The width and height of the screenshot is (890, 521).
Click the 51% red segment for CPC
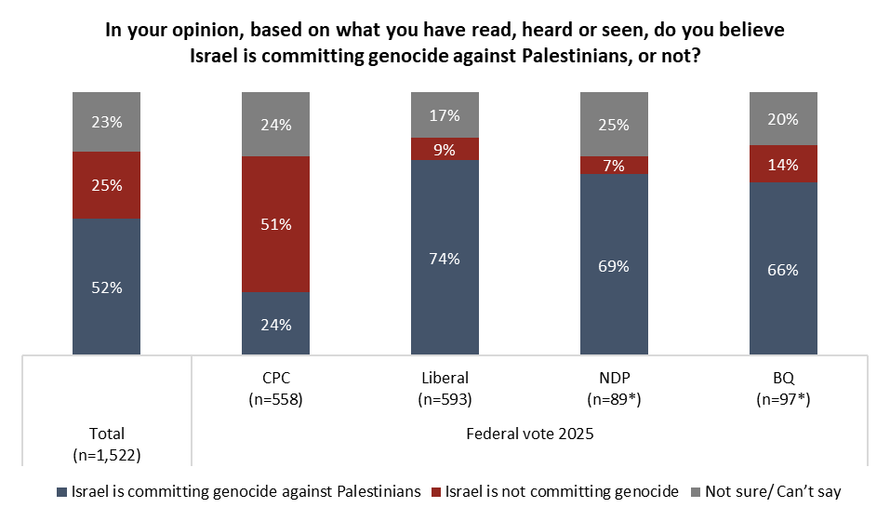[275, 224]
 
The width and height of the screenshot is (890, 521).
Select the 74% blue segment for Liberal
[445, 258]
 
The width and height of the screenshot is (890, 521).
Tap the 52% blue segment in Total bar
[106, 287]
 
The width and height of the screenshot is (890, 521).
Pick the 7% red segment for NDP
[614, 166]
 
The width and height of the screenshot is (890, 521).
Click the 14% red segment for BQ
[783, 164]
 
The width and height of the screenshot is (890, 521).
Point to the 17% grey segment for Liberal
[445, 115]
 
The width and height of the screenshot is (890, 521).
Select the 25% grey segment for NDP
[614, 125]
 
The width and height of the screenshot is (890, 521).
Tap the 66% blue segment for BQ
[783, 269]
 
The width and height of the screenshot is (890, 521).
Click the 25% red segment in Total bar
[106, 185]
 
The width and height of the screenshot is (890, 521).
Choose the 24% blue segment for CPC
[275, 324]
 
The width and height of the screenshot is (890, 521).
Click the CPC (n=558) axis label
[275, 386]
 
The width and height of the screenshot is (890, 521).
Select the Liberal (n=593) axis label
[445, 386]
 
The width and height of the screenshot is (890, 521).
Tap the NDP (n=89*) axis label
[614, 386]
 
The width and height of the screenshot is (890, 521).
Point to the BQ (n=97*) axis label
[783, 386]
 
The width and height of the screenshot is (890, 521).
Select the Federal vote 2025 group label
[529, 433]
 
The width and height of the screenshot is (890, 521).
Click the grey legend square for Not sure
[697, 491]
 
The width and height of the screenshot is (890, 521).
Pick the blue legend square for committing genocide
[62, 491]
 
